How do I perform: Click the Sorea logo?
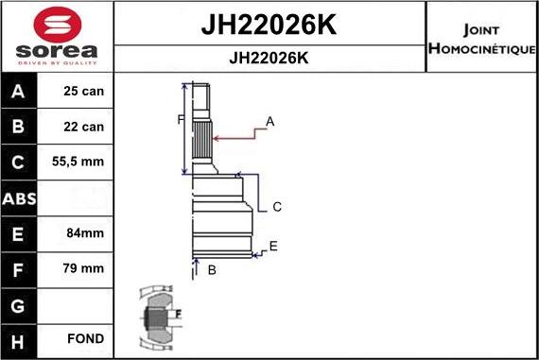tap(56, 37)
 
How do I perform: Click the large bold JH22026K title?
tap(269, 25)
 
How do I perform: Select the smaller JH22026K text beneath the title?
tap(269, 58)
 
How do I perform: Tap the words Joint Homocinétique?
tap(482, 38)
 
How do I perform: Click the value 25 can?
tap(84, 92)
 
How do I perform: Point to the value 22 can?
tap(84, 127)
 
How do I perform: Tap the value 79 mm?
tap(84, 268)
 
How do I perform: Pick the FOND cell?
tap(84, 338)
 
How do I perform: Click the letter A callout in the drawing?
tap(269, 121)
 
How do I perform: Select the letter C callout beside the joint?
tap(277, 207)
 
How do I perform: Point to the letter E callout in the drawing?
tap(273, 246)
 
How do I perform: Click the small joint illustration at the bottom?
tap(156, 317)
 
